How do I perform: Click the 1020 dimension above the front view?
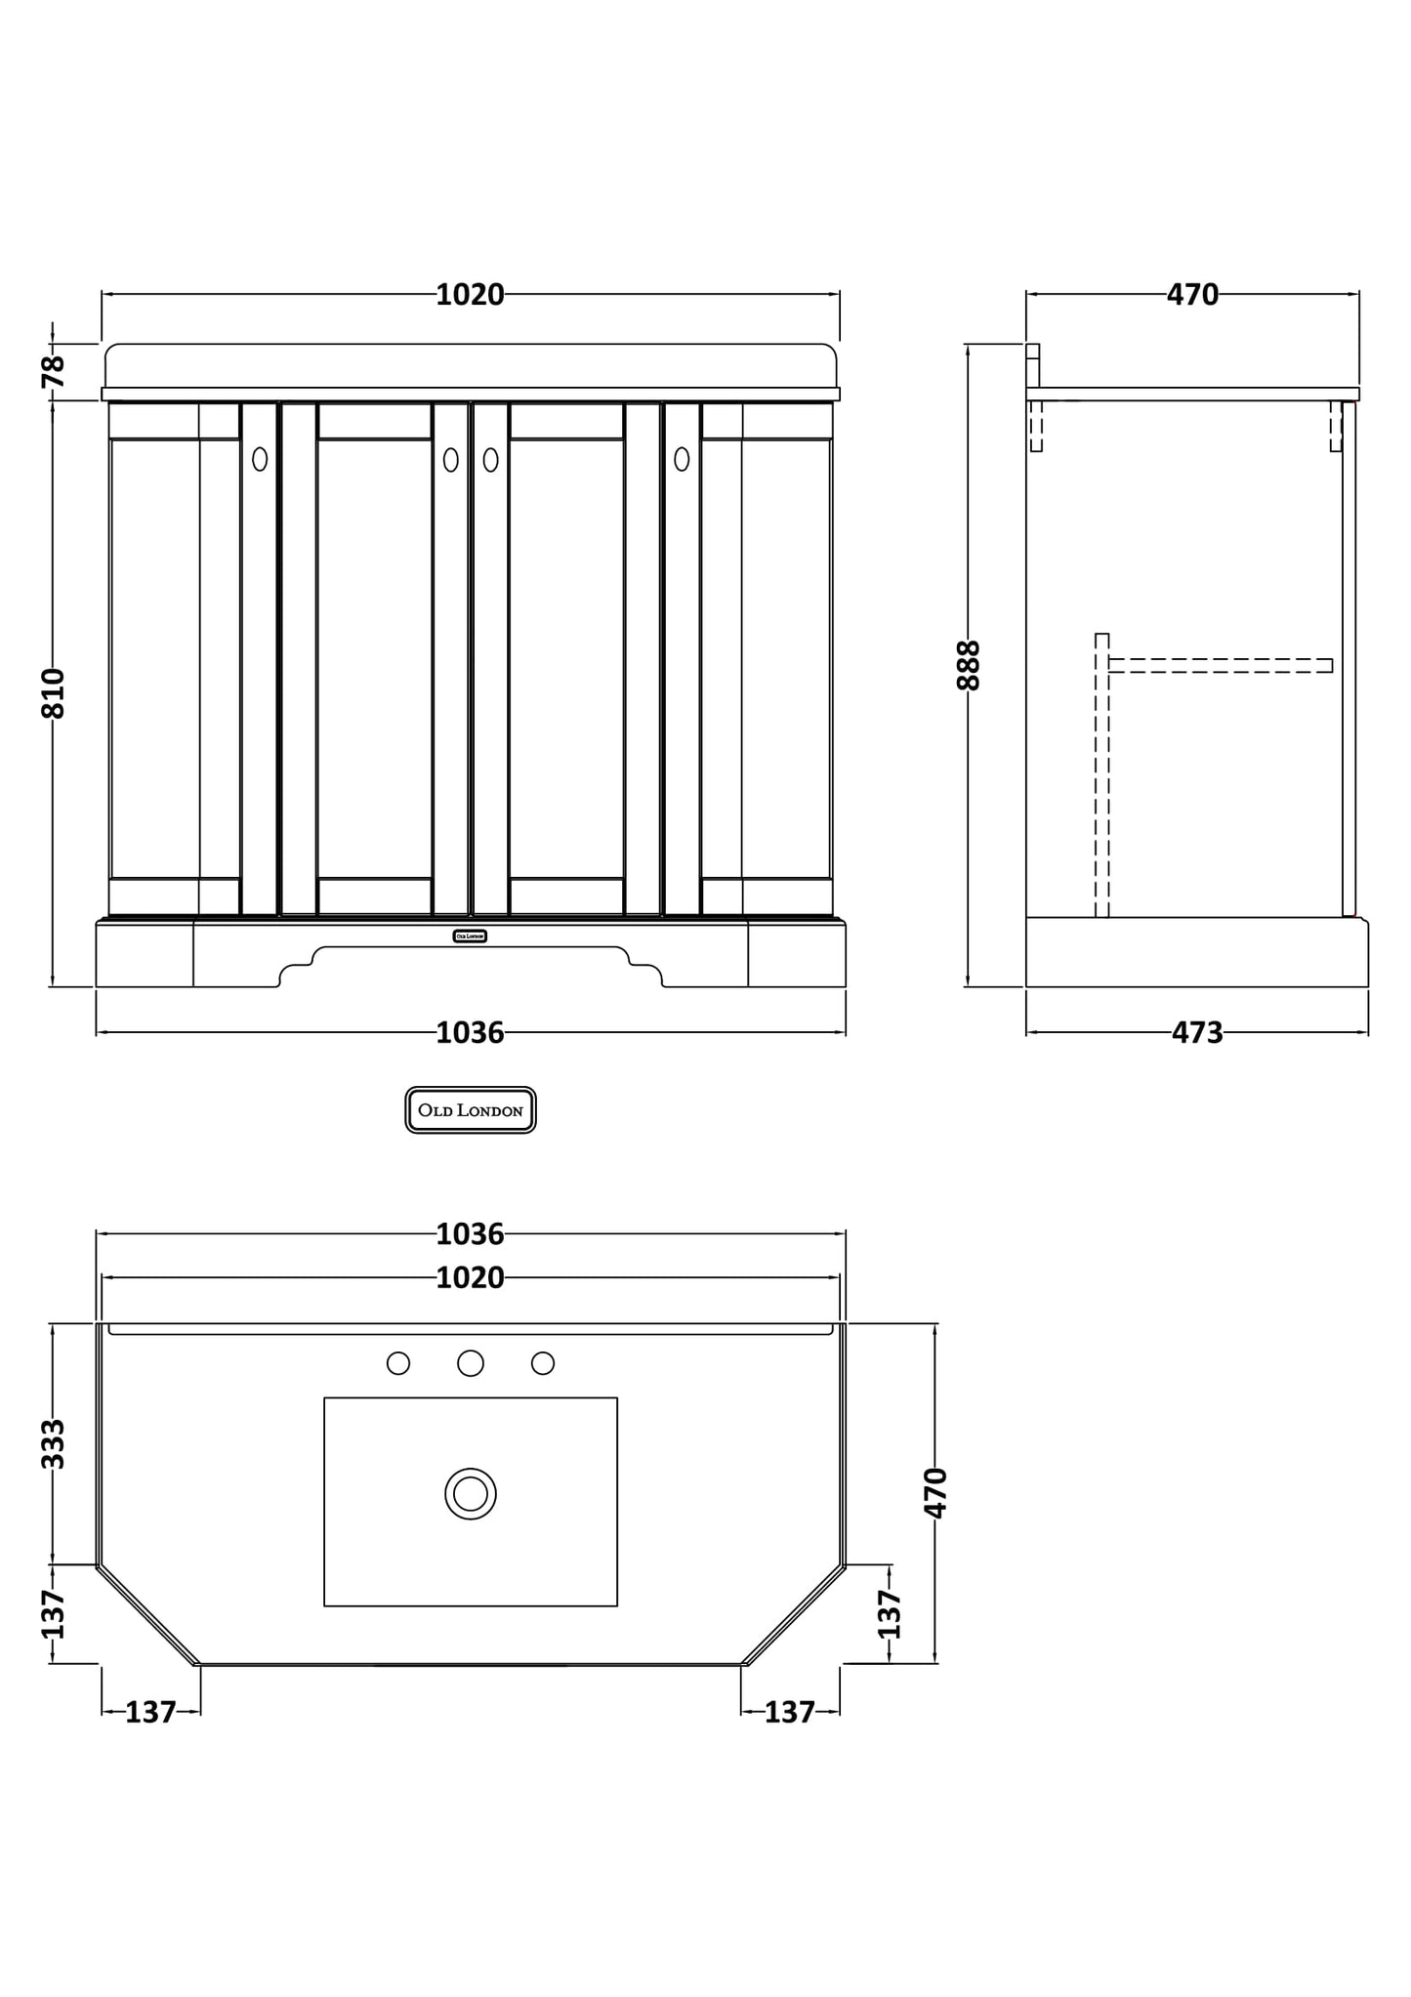tap(470, 294)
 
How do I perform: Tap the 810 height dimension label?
tap(54, 692)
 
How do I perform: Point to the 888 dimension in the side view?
tap(968, 665)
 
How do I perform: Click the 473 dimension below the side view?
tap(1196, 1032)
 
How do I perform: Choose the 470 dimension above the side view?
tap(1192, 294)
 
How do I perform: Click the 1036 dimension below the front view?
tap(470, 1032)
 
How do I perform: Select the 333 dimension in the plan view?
tap(54, 1443)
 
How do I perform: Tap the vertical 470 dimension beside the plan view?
tap(935, 1492)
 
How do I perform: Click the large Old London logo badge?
tap(471, 1110)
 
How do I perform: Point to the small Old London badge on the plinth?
tap(470, 936)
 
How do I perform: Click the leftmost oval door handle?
tap(260, 459)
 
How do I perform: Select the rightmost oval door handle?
tap(682, 459)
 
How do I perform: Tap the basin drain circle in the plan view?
tap(471, 1494)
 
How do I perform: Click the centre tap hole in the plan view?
tap(471, 1363)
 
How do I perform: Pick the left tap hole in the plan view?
tap(398, 1363)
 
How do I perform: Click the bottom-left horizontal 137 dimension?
tap(150, 1711)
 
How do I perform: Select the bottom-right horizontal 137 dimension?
tap(789, 1711)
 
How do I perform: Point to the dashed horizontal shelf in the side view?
tap(1221, 666)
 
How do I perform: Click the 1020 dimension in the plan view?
tap(470, 1277)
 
